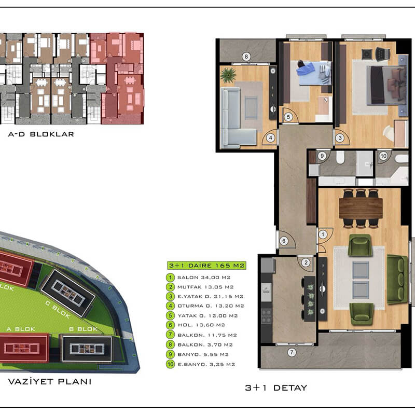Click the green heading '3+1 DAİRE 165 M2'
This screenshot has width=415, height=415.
206,266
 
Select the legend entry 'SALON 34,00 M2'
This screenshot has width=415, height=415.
204,278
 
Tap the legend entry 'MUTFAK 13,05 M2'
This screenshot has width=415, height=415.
205,287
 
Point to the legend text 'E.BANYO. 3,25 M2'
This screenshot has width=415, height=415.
206,365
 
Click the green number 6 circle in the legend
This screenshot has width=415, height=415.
171,325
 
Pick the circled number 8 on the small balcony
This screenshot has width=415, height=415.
246,57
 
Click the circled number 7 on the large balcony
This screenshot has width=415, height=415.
292,352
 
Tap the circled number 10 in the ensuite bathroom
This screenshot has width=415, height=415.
383,156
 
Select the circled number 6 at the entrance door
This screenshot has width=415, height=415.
284,241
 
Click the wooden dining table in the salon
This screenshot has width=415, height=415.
361,209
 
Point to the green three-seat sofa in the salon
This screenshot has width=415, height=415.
397,279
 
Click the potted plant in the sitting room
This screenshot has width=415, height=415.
228,75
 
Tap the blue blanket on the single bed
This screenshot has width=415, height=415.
306,71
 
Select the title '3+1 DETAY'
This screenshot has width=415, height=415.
276,388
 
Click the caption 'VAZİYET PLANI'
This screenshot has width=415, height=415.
50,382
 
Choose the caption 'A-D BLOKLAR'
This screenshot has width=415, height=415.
41,134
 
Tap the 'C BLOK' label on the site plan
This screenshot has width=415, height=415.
58,309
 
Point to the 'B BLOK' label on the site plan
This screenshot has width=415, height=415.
84,329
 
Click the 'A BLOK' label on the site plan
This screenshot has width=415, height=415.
21,329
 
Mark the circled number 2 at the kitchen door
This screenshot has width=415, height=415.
306,262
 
